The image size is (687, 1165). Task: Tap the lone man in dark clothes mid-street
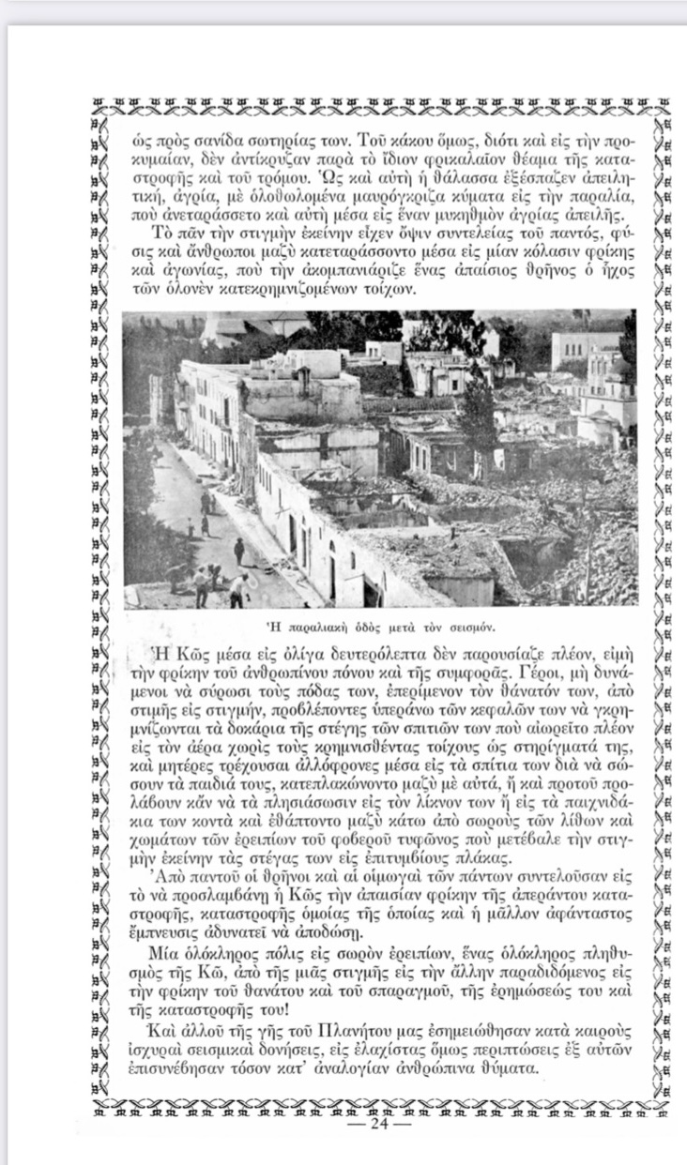click(239, 550)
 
